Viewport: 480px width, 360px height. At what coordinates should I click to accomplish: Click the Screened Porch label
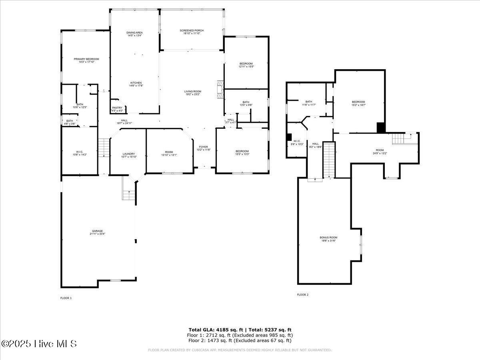(192, 32)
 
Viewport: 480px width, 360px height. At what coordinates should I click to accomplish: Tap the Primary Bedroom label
(86, 60)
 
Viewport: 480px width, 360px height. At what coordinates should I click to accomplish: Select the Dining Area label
(134, 34)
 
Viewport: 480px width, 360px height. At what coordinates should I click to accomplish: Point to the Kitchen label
(136, 84)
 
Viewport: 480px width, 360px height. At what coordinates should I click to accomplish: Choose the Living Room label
(193, 93)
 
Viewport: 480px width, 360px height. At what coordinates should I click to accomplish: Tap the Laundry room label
(129, 155)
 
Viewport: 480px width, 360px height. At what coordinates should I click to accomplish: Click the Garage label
(98, 232)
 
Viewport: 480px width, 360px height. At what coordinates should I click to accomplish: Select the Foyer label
(203, 148)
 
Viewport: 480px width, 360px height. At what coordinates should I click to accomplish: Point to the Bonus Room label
(328, 239)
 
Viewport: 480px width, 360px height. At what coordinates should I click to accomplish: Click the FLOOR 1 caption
(66, 298)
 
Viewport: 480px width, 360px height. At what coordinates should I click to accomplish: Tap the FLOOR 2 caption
(302, 295)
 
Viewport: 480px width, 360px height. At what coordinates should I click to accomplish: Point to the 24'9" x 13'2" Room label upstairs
(380, 152)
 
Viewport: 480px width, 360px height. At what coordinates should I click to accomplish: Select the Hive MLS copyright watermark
(39, 344)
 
